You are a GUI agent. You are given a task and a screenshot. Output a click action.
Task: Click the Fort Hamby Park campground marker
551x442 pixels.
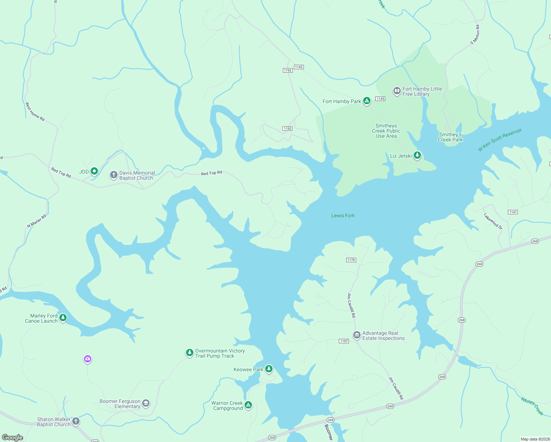366,101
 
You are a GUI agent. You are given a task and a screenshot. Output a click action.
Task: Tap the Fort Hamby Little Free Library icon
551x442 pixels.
397,91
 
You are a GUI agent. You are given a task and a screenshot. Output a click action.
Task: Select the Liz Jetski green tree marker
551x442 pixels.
417,155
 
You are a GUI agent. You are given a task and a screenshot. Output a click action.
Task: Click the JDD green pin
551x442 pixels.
94,171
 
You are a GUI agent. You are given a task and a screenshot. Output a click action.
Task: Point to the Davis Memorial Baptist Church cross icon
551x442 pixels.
114,175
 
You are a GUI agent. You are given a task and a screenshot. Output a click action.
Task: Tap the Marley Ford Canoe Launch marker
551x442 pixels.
63,318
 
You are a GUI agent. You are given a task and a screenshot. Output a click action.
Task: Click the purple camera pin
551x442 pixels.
87,359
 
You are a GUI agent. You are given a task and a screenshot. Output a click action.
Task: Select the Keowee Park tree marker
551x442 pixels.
269,369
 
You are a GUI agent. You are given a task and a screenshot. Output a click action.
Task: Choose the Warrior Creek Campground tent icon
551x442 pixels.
248,405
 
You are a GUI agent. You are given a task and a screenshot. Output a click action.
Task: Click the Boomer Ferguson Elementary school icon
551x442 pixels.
146,403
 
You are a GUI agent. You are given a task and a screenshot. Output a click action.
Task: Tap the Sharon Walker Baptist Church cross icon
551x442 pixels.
76,421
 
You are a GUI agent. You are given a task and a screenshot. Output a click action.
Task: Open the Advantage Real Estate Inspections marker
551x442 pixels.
357,335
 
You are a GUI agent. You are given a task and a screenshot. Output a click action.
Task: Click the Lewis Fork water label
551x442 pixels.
343,215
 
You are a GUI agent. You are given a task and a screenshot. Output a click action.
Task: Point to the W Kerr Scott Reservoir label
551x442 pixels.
500,140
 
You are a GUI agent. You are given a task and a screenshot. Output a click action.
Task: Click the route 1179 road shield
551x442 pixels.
351,260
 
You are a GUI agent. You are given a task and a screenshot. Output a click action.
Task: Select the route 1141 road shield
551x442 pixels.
513,212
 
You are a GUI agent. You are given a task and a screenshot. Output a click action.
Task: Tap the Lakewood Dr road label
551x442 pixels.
493,221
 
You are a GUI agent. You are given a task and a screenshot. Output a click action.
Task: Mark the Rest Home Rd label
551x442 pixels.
35,112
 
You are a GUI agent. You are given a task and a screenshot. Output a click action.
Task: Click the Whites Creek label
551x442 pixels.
532,406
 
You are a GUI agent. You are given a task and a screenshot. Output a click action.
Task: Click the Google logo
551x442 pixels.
13,437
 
